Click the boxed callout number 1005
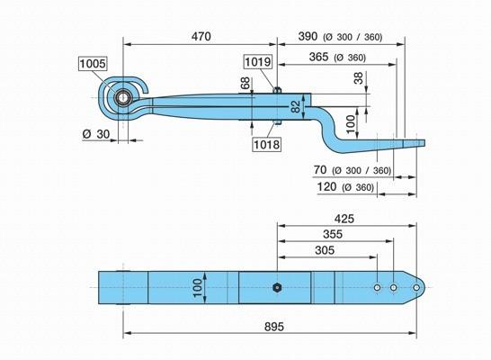pyautogui.click(x=93, y=64)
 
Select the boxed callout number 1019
pyautogui.click(x=258, y=62)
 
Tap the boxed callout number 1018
pyautogui.click(x=266, y=144)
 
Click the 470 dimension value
pyautogui.click(x=201, y=36)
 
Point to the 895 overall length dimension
pyautogui.click(x=274, y=327)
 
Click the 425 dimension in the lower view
pyautogui.click(x=344, y=219)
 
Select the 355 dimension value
pyautogui.click(x=333, y=234)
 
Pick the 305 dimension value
pyautogui.click(x=325, y=250)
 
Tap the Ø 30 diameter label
pyautogui.click(x=96, y=134)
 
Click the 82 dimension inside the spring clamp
pyautogui.click(x=296, y=106)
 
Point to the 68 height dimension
pyautogui.click(x=245, y=83)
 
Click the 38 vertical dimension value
pyautogui.click(x=359, y=78)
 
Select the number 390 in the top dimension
pyautogui.click(x=308, y=36)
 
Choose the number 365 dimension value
pyautogui.click(x=318, y=57)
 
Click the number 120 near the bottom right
pyautogui.click(x=327, y=186)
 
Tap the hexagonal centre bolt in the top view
pyautogui.click(x=276, y=287)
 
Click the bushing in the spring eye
pyautogui.click(x=123, y=98)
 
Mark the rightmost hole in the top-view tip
pyautogui.click(x=416, y=287)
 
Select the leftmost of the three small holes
pyautogui.click(x=378, y=287)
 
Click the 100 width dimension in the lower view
pyautogui.click(x=198, y=288)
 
